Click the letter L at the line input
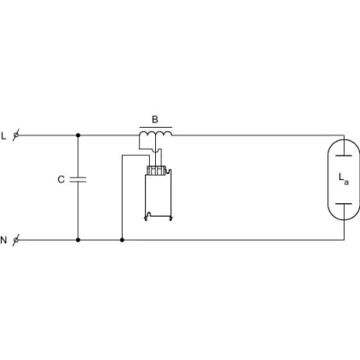pos(3,135)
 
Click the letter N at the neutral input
pos(3,240)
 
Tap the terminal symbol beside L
pos(16,135)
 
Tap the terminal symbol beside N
pos(16,240)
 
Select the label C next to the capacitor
pos(61,179)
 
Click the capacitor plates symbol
pos(78,180)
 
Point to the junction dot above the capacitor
pos(78,135)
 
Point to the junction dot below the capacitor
pos(78,240)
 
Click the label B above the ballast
pos(155,119)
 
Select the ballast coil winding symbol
pos(156,133)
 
